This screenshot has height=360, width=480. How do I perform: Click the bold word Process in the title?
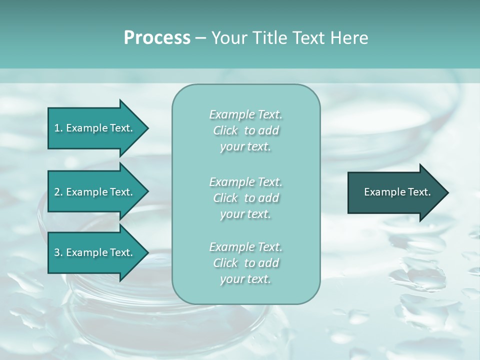click(x=157, y=38)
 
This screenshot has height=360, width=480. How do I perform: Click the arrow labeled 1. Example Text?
click(x=95, y=128)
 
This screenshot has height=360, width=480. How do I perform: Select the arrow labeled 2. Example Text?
click(x=95, y=192)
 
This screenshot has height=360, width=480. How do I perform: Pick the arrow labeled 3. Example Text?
click(x=95, y=252)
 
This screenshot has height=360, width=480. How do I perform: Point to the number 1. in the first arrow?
click(x=58, y=128)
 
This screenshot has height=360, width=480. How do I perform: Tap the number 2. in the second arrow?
click(x=58, y=192)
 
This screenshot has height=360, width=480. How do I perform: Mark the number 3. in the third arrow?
click(x=58, y=252)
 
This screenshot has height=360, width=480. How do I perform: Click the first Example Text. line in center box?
click(x=245, y=114)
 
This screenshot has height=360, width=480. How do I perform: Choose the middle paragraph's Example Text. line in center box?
click(x=245, y=181)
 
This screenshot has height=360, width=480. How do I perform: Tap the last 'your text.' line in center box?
click(x=245, y=279)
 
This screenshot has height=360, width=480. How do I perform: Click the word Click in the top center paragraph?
click(x=225, y=130)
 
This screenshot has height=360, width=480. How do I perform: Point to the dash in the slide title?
click(x=200, y=38)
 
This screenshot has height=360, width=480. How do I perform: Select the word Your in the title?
click(x=228, y=38)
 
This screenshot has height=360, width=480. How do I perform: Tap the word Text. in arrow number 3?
click(x=120, y=252)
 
